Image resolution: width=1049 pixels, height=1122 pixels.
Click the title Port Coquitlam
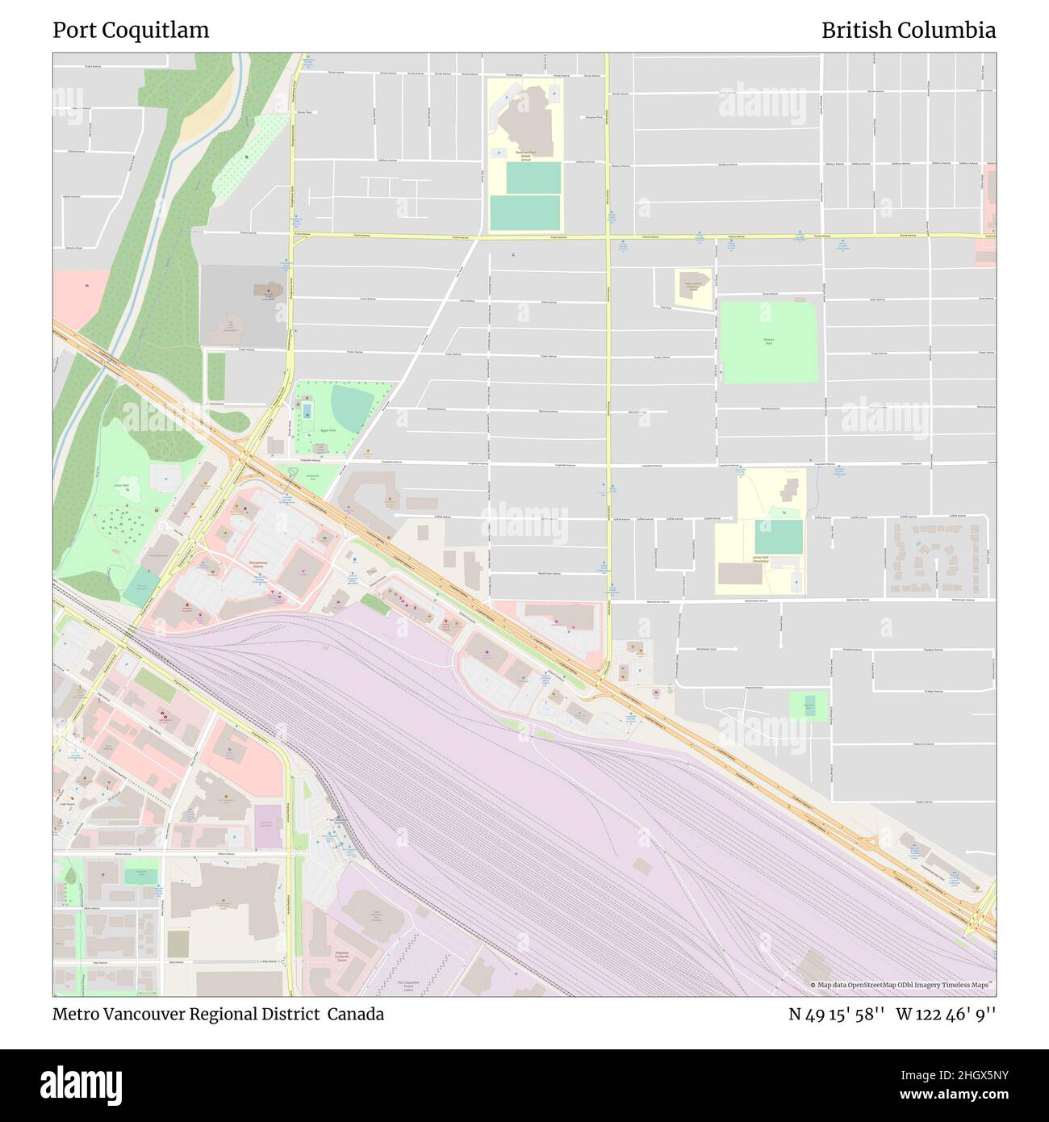[131, 31]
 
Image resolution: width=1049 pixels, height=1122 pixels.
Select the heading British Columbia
[908, 31]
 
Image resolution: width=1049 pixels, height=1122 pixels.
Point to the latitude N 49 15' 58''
[837, 1014]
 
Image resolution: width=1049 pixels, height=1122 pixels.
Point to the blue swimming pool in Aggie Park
[307, 414]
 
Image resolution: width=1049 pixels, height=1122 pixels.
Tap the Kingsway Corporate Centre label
[345, 957]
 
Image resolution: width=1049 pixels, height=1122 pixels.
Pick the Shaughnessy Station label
[258, 566]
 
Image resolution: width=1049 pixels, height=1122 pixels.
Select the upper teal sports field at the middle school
[533, 178]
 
